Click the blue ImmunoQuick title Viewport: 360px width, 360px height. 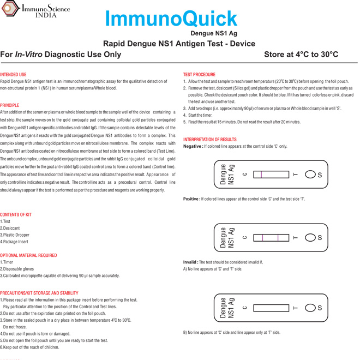[x=171, y=19]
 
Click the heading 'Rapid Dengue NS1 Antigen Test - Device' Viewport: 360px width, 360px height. [x=179, y=44]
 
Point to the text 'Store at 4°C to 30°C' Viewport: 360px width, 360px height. [x=301, y=55]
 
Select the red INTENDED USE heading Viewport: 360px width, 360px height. [x=13, y=74]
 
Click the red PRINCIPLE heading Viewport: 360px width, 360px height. [x=10, y=105]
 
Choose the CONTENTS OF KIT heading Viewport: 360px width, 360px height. [x=16, y=215]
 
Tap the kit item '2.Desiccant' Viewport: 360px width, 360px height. [x=10, y=228]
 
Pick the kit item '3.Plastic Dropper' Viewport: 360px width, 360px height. [x=15, y=235]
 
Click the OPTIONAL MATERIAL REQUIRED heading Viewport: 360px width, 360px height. [x=28, y=255]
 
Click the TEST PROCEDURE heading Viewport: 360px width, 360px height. [x=199, y=74]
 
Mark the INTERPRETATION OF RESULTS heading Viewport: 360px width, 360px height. [x=210, y=140]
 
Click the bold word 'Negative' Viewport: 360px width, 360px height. [x=192, y=147]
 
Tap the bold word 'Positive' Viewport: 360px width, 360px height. [x=191, y=200]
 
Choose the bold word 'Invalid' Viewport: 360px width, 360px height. [x=190, y=262]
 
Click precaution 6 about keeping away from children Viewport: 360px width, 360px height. [x=29, y=347]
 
